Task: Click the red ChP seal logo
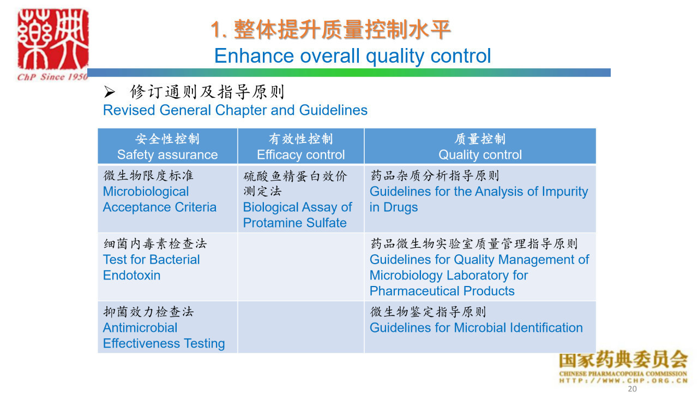pyautogui.click(x=53, y=39)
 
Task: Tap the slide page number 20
pyautogui.click(x=632, y=389)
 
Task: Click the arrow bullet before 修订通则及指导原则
pyautogui.click(x=110, y=92)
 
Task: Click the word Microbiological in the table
pyautogui.click(x=146, y=192)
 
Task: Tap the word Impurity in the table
pyautogui.click(x=565, y=192)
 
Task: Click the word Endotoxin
pyautogui.click(x=131, y=276)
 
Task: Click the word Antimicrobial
pyautogui.click(x=140, y=328)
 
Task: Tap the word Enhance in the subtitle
pyautogui.click(x=254, y=56)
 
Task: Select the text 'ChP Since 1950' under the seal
pyautogui.click(x=52, y=77)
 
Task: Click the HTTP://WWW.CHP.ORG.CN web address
pyautogui.click(x=623, y=380)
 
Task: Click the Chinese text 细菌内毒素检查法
pyautogui.click(x=155, y=243)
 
